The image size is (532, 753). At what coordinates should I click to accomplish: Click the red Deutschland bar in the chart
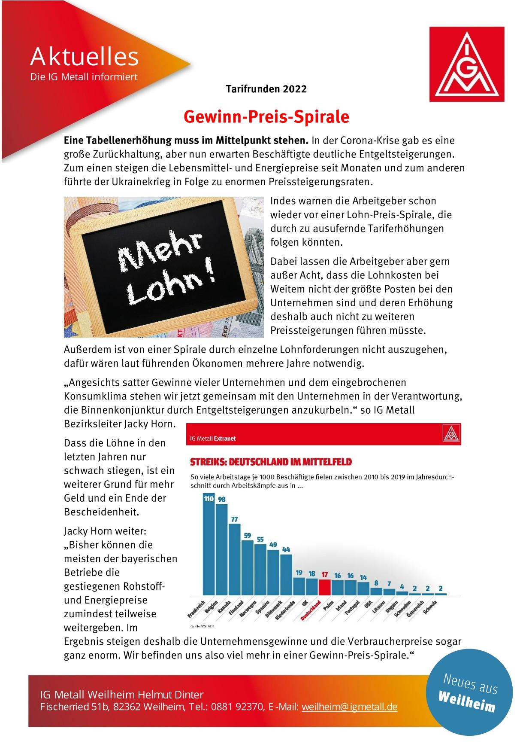point(325,586)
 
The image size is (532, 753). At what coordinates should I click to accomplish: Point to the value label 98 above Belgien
point(222,500)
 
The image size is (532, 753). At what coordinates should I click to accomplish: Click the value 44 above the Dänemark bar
point(286,549)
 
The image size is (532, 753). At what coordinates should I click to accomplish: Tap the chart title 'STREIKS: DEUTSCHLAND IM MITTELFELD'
point(271,462)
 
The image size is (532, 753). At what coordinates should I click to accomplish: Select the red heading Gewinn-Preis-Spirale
point(266,116)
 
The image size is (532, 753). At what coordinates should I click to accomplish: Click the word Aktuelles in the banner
point(85,56)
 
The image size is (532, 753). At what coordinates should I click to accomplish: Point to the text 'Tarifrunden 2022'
point(266,89)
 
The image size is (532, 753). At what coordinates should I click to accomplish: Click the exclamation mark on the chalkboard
point(210,274)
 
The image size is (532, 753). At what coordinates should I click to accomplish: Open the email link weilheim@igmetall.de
point(349,707)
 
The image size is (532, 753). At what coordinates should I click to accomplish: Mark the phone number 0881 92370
point(235,707)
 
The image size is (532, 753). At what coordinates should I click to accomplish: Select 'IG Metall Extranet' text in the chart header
point(213,438)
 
